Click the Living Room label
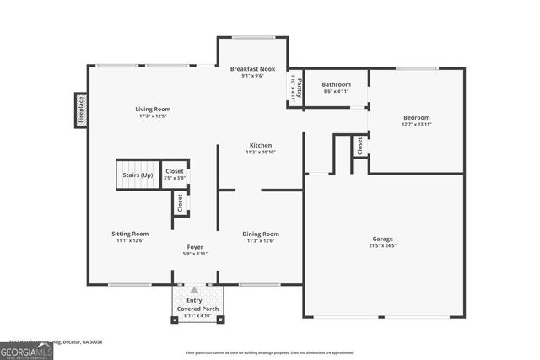(x=153, y=109)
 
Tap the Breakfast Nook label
(x=252, y=68)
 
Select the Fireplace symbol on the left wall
(x=81, y=109)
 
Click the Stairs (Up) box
(x=138, y=175)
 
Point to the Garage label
(x=383, y=238)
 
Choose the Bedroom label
(x=416, y=117)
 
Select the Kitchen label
(x=260, y=145)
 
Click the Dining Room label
(x=261, y=234)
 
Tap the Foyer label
(x=195, y=246)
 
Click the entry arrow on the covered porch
(x=195, y=290)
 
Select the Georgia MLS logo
(x=26, y=349)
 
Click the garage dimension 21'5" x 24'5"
(x=383, y=246)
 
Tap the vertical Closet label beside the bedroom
(x=359, y=145)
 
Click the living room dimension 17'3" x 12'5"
(x=153, y=116)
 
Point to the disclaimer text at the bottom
(x=270, y=353)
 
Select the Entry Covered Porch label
(x=195, y=304)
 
